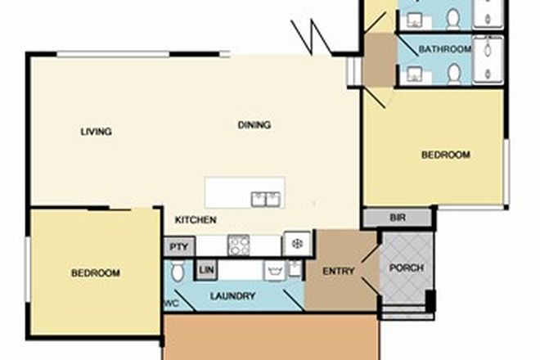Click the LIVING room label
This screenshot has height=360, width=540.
[96, 132]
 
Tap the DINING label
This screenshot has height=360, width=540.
[254, 125]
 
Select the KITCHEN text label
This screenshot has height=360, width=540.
[196, 220]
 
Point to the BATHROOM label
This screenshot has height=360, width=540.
[445, 50]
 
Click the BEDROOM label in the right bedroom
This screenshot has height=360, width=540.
[445, 155]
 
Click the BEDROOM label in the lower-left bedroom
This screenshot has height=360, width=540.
[95, 272]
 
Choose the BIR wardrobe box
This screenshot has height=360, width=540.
[398, 218]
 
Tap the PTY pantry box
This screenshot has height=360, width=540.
[178, 246]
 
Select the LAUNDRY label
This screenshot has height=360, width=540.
[233, 296]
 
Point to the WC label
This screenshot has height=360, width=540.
[171, 304]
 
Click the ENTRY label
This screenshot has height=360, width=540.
[339, 272]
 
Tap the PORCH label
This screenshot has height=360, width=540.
[405, 268]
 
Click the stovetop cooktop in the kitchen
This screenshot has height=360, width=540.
[238, 245]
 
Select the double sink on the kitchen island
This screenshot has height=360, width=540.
[266, 198]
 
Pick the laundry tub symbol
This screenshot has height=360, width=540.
[275, 270]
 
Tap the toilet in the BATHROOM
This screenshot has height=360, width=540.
[455, 73]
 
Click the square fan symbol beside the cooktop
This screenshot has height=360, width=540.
[297, 243]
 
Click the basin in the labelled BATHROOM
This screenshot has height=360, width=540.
[413, 74]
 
